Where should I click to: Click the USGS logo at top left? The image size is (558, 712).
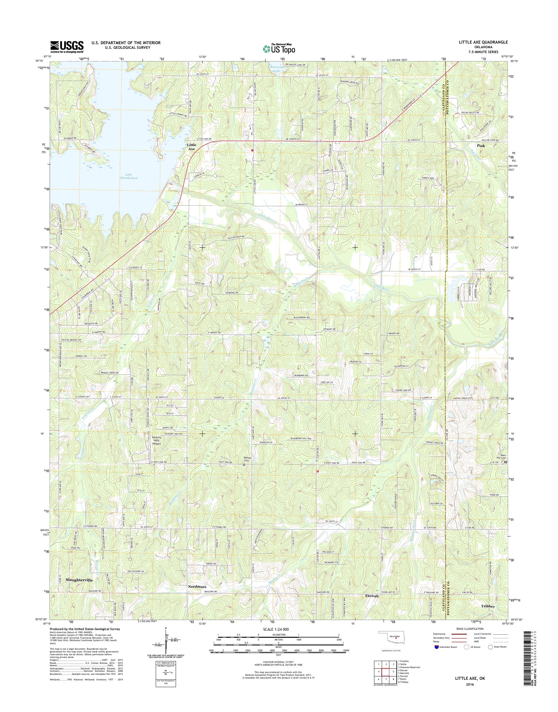(x=67, y=47)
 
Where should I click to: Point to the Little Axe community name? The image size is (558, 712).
(x=191, y=146)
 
